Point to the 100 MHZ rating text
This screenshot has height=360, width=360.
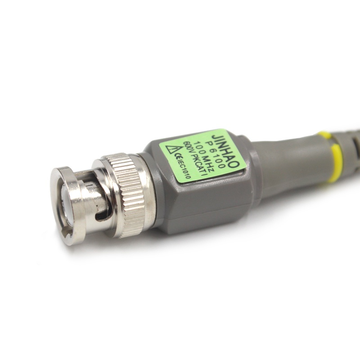pos(204,157)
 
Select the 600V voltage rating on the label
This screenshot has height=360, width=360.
pos(185,149)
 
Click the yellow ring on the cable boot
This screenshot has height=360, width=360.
pos(334,158)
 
